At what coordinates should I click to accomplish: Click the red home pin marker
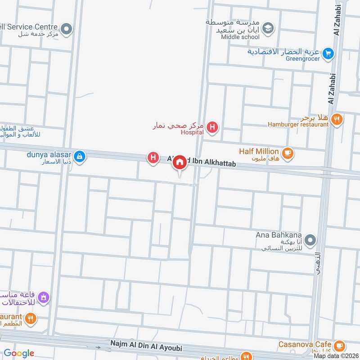[x=180, y=162]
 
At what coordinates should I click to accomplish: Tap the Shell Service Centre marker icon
[x=67, y=30]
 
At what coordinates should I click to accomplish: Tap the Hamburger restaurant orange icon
[x=337, y=119]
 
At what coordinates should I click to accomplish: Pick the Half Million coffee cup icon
[x=288, y=153]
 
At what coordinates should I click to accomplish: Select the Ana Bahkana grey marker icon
[x=310, y=238]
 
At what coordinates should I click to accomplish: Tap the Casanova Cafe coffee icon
[x=339, y=346]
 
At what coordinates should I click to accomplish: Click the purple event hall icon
[x=44, y=297]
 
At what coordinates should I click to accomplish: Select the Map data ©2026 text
[x=336, y=356]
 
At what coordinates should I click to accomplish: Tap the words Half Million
[x=260, y=152]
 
